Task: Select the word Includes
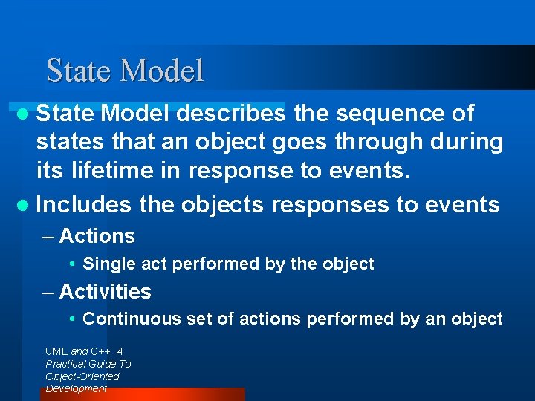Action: point(84,204)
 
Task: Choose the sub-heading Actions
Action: point(97,236)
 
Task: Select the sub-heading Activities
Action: point(105,292)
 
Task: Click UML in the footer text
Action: point(56,351)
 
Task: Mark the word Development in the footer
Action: point(76,388)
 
